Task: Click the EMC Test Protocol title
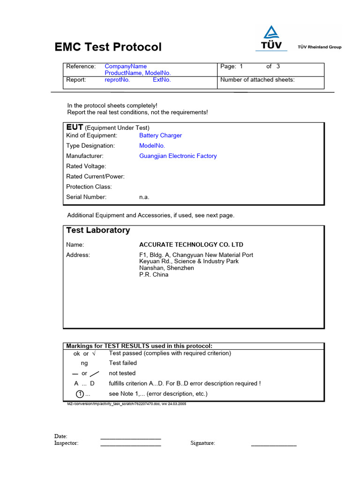pyautogui.click(x=108, y=47)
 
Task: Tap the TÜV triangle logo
pyautogui.click(x=271, y=32)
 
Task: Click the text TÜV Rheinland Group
pyautogui.click(x=320, y=47)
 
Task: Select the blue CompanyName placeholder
pyautogui.click(x=126, y=67)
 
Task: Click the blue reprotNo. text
pyautogui.click(x=117, y=80)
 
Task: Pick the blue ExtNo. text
pyautogui.click(x=162, y=80)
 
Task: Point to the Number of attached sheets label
pyautogui.click(x=257, y=80)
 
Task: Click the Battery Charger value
pyautogui.click(x=160, y=135)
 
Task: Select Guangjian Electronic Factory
pyautogui.click(x=178, y=156)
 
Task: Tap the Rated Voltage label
pyautogui.click(x=86, y=166)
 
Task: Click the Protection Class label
pyautogui.click(x=89, y=187)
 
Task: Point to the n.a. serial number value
pyautogui.click(x=144, y=197)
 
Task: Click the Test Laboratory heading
pyautogui.click(x=98, y=230)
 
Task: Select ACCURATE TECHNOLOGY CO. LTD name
pyautogui.click(x=191, y=245)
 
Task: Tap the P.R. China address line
pyautogui.click(x=154, y=275)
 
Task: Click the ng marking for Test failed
pyautogui.click(x=84, y=363)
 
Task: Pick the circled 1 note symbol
pyautogui.click(x=80, y=394)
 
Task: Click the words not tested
pyautogui.click(x=122, y=374)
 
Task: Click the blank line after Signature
pyautogui.click(x=274, y=444)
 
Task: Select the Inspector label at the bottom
pyautogui.click(x=66, y=443)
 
